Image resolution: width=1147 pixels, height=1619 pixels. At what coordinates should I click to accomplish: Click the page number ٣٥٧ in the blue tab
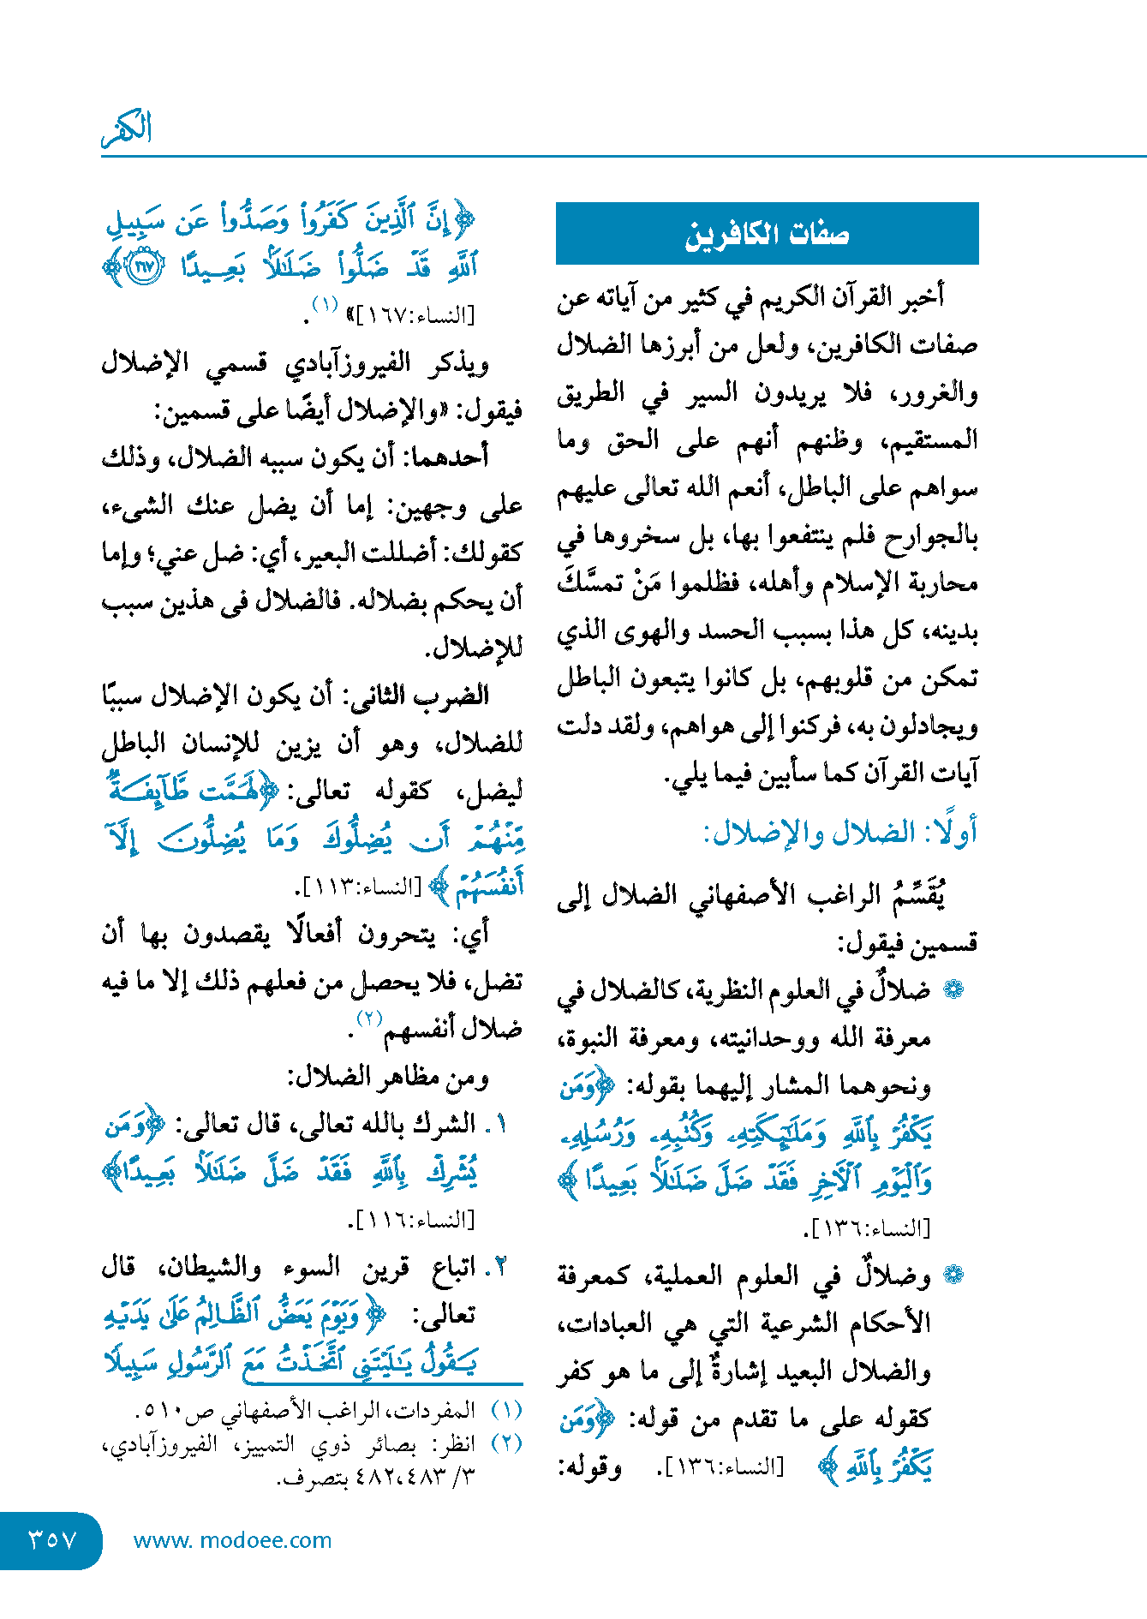coord(52,1540)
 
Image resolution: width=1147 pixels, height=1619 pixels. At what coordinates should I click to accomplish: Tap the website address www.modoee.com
coord(232,1540)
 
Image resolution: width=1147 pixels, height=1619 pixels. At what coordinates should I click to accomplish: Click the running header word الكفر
coord(127,128)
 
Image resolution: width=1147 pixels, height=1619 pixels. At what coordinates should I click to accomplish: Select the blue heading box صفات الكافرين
coord(767,233)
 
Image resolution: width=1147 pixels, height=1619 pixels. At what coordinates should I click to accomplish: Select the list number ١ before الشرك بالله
coord(501,1124)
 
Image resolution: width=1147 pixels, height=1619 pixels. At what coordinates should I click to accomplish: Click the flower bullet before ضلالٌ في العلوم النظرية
coord(953,989)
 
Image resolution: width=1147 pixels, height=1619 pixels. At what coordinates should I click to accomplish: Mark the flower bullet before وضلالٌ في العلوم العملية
coord(953,1275)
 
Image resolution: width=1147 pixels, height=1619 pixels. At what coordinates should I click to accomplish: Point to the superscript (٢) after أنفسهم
coord(369,1019)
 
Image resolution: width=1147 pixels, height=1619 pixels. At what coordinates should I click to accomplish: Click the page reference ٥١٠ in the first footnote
coord(156,1411)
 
